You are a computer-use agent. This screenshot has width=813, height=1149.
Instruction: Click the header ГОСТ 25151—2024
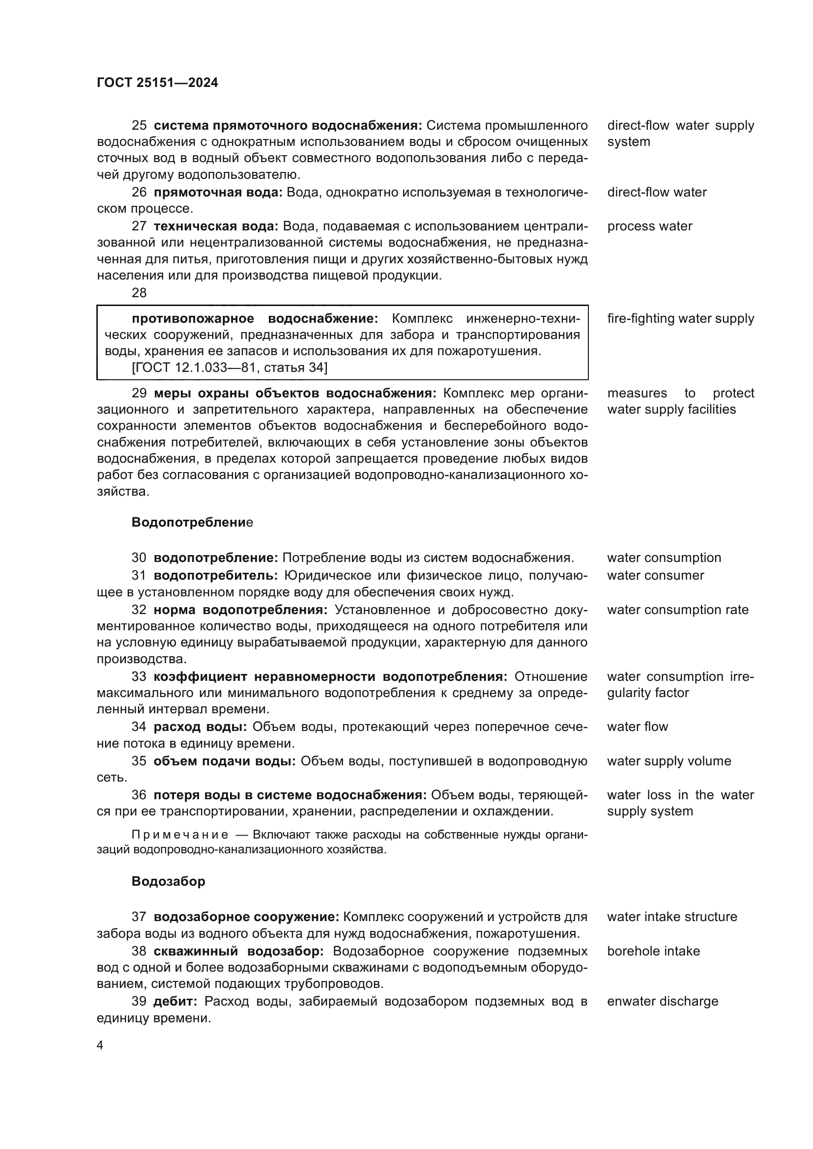[x=157, y=83]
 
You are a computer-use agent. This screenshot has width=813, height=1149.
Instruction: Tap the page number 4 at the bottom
[x=100, y=1045]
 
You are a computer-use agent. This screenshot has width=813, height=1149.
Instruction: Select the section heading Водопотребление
[x=192, y=523]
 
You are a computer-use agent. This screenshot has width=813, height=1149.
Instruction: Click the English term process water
[x=649, y=226]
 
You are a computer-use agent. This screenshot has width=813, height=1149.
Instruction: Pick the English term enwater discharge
[x=662, y=1001]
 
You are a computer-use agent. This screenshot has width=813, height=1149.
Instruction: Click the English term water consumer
[x=655, y=576]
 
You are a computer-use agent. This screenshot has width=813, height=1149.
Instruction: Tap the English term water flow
[x=638, y=727]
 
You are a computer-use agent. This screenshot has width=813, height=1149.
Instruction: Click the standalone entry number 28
[x=139, y=293]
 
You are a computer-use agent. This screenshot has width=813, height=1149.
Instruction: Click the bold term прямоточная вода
[x=218, y=193]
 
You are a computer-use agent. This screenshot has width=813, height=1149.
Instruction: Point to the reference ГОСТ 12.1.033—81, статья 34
[x=229, y=368]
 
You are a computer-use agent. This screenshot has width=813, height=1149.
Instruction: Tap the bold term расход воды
[x=200, y=727]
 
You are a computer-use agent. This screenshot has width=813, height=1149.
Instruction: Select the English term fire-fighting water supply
[x=680, y=319]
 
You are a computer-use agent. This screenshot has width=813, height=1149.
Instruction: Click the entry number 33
[x=139, y=676]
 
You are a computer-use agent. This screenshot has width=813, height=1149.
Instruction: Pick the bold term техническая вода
[x=216, y=226]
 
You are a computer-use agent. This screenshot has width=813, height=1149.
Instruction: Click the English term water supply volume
[x=669, y=761]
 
